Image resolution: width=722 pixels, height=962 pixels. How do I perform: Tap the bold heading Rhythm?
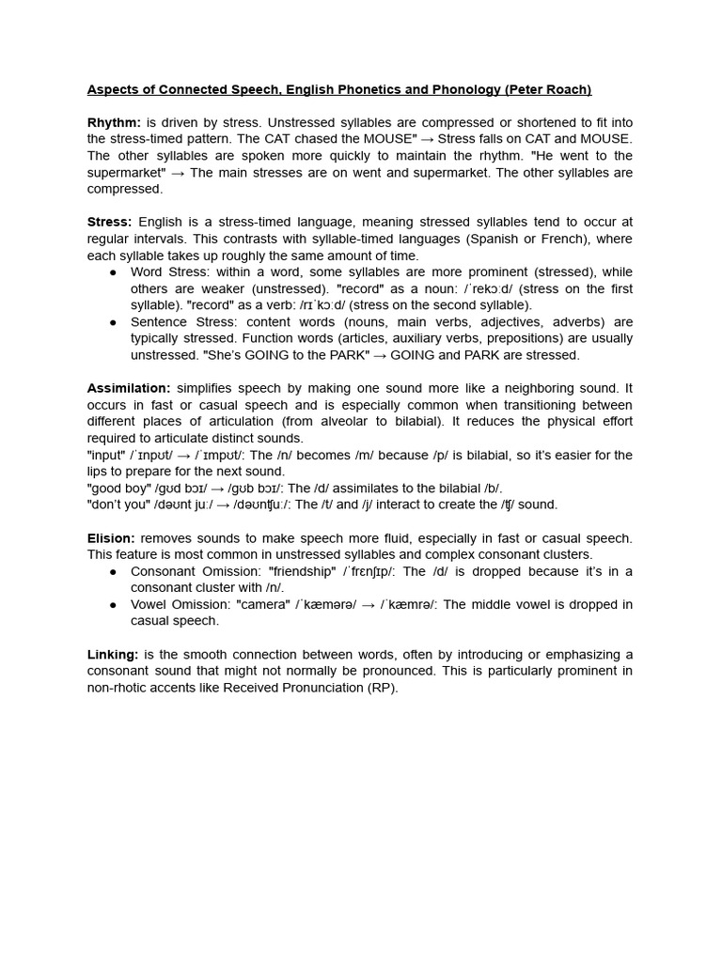pyautogui.click(x=114, y=123)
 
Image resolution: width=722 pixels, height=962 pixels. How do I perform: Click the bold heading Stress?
pyautogui.click(x=110, y=223)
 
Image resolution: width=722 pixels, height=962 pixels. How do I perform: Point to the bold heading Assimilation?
pyautogui.click(x=129, y=388)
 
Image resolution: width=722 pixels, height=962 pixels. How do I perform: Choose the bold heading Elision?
pyautogui.click(x=111, y=538)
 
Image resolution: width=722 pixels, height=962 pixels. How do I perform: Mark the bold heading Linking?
pyautogui.click(x=113, y=655)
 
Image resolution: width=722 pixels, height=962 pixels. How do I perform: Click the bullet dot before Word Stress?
pyautogui.click(x=114, y=272)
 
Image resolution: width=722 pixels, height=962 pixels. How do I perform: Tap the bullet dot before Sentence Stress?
pyautogui.click(x=114, y=322)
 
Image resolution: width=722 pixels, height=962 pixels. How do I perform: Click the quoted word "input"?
pyautogui.click(x=107, y=455)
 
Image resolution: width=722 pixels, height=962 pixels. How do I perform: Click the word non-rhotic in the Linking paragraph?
pyautogui.click(x=120, y=688)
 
